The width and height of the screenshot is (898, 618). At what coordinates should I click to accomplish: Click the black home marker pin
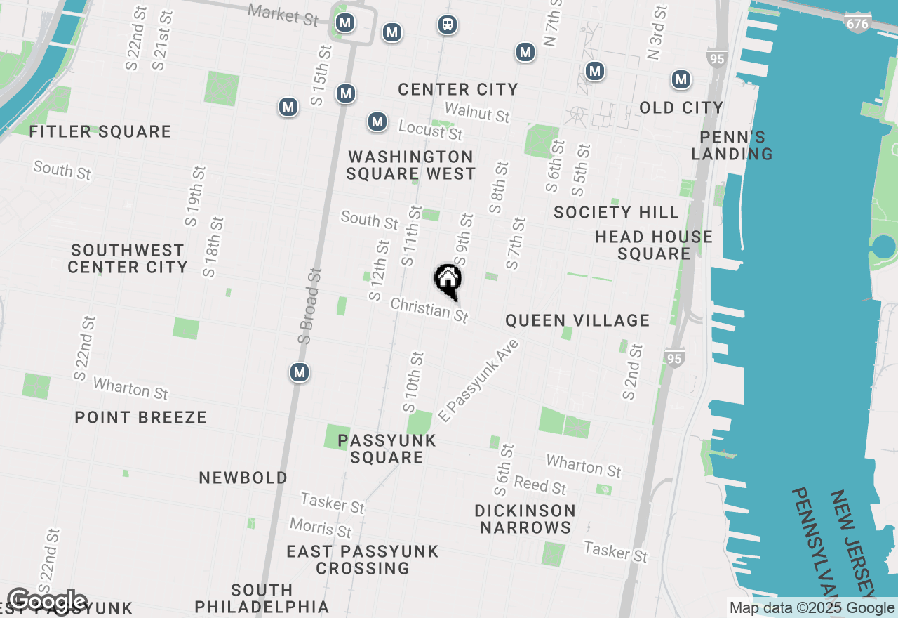click(x=448, y=280)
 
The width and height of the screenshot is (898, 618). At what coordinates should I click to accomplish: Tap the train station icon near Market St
click(x=447, y=25)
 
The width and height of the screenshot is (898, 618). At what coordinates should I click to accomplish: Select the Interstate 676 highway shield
click(x=857, y=24)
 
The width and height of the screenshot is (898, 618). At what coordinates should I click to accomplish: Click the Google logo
click(x=47, y=602)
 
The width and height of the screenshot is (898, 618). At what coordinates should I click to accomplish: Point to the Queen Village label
click(x=577, y=321)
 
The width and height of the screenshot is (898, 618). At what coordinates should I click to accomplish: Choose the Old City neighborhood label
click(x=681, y=107)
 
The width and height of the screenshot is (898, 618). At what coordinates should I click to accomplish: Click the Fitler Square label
click(x=100, y=131)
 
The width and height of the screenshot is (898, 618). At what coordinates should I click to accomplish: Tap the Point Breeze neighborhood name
click(x=141, y=417)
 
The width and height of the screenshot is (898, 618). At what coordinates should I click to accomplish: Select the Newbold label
click(x=243, y=478)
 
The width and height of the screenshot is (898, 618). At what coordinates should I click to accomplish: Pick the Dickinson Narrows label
click(x=525, y=519)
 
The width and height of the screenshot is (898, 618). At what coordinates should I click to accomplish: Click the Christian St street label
click(x=429, y=310)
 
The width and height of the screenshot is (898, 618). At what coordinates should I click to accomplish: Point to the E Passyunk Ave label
click(x=478, y=381)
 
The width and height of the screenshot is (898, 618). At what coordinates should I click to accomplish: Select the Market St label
click(x=283, y=14)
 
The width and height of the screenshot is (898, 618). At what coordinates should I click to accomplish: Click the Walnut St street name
click(x=477, y=112)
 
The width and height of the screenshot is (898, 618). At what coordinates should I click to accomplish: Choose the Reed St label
click(x=540, y=485)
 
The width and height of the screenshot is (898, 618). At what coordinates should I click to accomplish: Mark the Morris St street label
click(x=321, y=527)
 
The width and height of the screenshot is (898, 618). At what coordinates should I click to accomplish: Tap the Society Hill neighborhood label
click(x=616, y=212)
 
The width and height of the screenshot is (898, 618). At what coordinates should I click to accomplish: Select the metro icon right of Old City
click(x=681, y=79)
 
